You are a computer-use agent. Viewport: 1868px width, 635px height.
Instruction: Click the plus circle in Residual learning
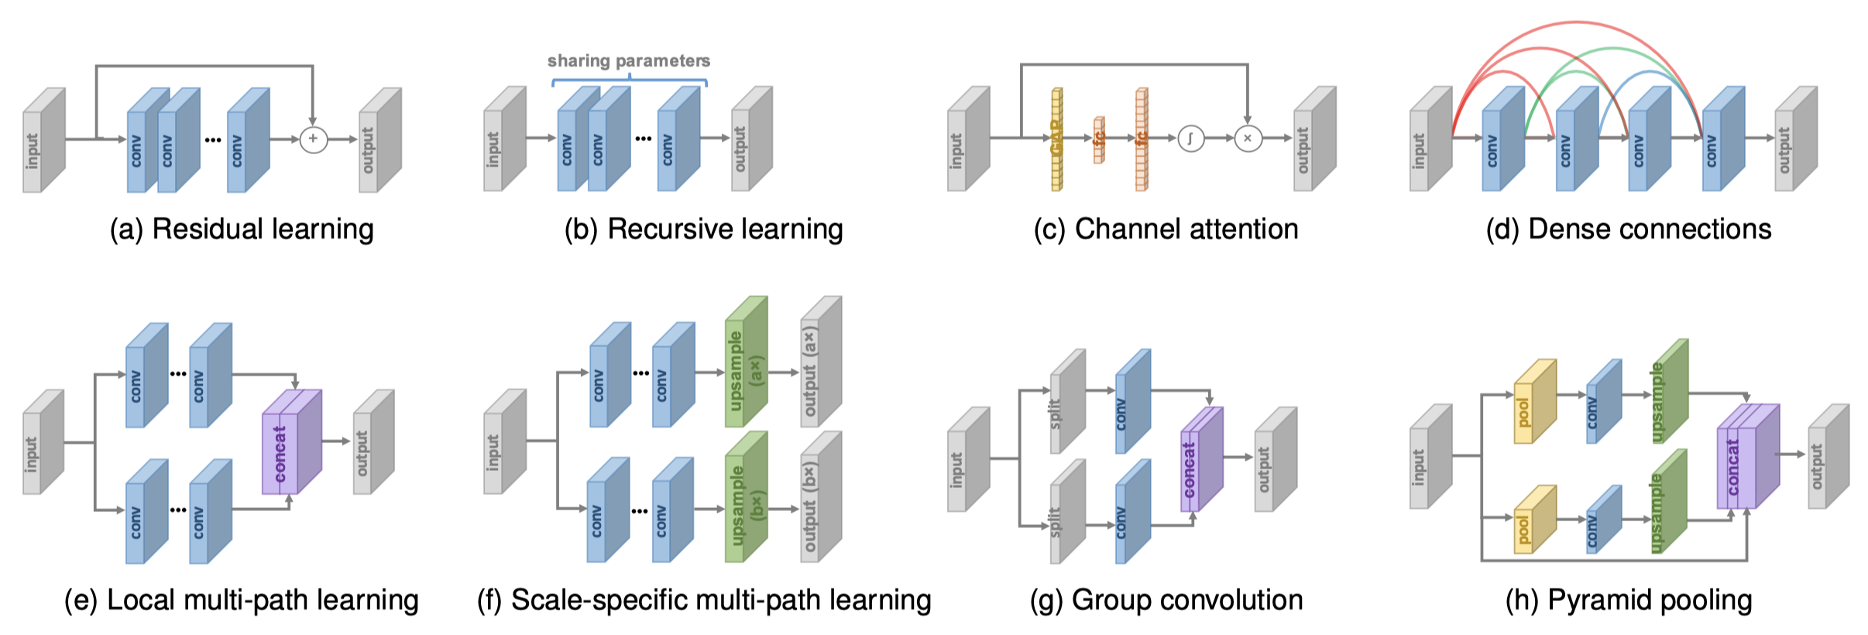click(x=313, y=139)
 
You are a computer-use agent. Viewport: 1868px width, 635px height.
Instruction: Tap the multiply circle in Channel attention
click(x=1248, y=139)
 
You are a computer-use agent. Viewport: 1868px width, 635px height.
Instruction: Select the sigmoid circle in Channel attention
click(x=1190, y=139)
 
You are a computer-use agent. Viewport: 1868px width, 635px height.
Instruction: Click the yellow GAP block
click(x=1056, y=139)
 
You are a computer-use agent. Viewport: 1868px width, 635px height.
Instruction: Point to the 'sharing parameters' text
click(x=628, y=60)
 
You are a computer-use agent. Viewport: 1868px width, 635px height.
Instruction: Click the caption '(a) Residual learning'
click(x=242, y=229)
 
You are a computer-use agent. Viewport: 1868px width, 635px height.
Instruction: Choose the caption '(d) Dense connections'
click(x=1628, y=229)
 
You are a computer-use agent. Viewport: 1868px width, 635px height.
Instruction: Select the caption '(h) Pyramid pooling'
click(x=1628, y=600)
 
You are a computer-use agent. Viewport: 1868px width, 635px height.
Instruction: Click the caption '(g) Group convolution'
click(x=1166, y=600)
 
